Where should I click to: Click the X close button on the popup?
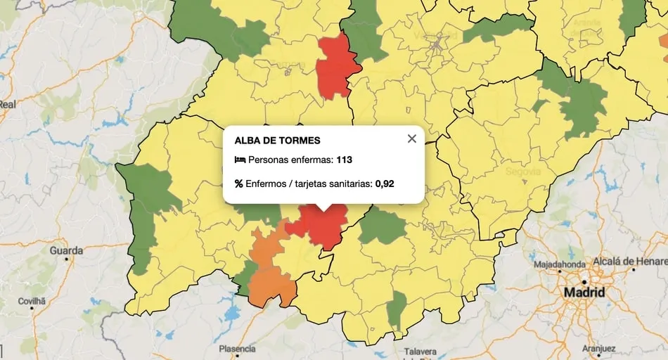tap(412, 139)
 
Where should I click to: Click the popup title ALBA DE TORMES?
tap(277, 141)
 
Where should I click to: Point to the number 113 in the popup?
tap(344, 160)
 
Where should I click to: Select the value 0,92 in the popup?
tap(384, 184)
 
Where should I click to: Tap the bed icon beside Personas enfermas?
tap(239, 160)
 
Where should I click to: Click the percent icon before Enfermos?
tap(239, 184)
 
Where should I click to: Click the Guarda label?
tap(66, 250)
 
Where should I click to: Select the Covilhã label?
tap(32, 301)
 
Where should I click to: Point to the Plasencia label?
tap(237, 349)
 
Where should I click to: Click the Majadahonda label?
tap(560, 264)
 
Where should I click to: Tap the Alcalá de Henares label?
tap(631, 262)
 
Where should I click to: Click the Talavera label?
tap(420, 352)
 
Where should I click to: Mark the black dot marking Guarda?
tap(67, 259)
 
